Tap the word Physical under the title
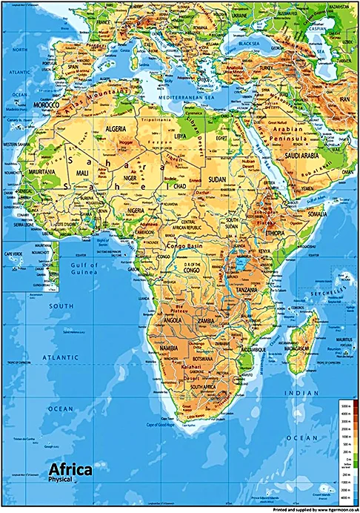pyautogui.click(x=60, y=480)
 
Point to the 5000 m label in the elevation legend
pyautogui.click(x=346, y=408)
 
